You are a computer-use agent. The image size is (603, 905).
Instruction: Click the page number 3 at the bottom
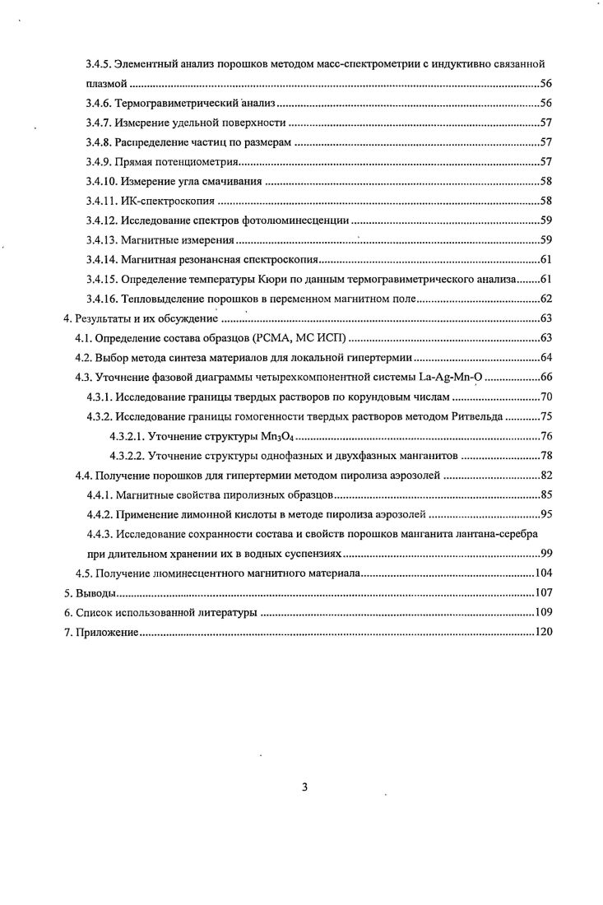304,787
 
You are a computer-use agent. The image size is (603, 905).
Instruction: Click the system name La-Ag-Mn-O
459,377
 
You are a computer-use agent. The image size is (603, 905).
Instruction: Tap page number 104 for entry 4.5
542,573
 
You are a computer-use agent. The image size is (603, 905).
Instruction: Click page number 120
542,632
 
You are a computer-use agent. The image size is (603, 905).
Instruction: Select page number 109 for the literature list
542,612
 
